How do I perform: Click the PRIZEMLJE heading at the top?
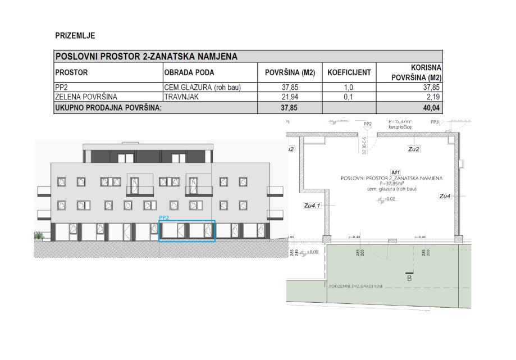(x=75, y=36)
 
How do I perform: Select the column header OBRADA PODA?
(x=189, y=72)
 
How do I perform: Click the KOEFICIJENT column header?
(x=349, y=72)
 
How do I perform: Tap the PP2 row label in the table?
(x=61, y=88)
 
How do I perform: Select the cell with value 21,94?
(x=290, y=97)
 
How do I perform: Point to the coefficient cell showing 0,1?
(x=349, y=97)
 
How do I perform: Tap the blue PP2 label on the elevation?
(x=165, y=217)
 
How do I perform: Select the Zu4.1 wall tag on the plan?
(x=312, y=206)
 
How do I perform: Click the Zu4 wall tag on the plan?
(x=445, y=196)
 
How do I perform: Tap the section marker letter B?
(x=409, y=278)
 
